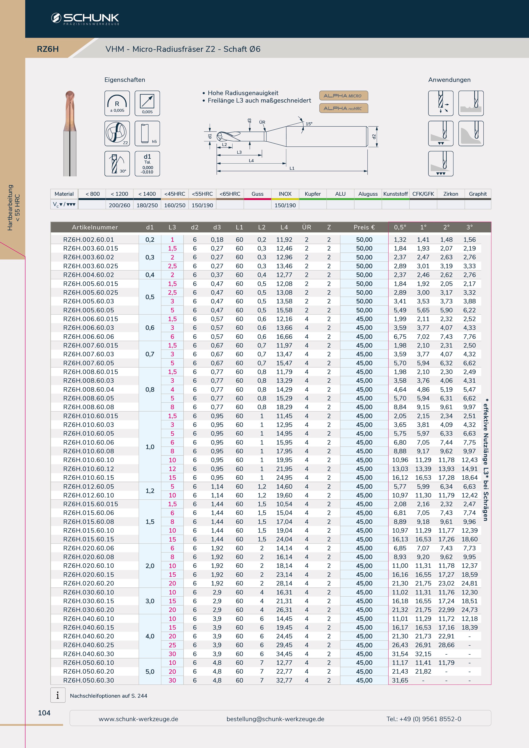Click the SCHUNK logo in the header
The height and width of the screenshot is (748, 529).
pyautogui.click(x=85, y=19)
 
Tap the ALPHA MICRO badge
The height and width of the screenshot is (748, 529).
pyautogui.click(x=344, y=96)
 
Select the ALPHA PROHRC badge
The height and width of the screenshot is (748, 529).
pyautogui.click(x=344, y=108)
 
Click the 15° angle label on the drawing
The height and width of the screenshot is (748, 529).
pyautogui.click(x=309, y=124)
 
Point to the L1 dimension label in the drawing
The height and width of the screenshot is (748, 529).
pyautogui.click(x=292, y=168)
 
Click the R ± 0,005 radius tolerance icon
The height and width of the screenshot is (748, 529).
pyautogui.click(x=117, y=103)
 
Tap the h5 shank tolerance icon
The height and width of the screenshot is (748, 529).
pyautogui.click(x=147, y=133)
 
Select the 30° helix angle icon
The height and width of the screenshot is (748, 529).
pyautogui.click(x=117, y=164)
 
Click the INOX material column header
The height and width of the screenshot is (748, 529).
pyautogui.click(x=285, y=194)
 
